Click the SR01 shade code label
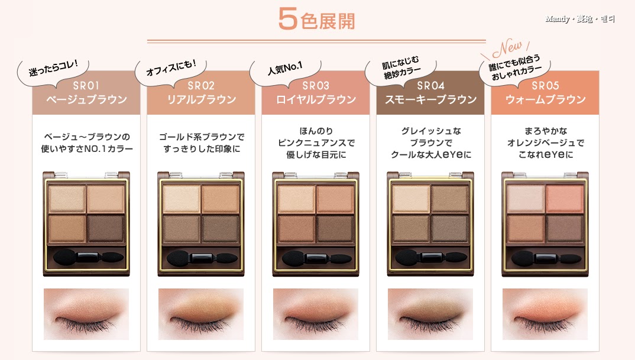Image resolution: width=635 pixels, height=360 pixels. [x=86, y=86]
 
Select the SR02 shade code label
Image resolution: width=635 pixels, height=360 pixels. [x=201, y=86]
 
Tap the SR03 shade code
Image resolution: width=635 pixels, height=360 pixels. [x=316, y=86]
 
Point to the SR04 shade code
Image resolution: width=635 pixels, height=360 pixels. [x=430, y=86]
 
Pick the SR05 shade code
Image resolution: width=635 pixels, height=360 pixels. [x=545, y=86]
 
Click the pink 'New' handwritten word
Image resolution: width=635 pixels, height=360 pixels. [x=507, y=48]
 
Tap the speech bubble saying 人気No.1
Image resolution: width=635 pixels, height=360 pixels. [x=285, y=70]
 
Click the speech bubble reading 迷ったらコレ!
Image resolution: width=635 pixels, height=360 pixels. [x=53, y=70]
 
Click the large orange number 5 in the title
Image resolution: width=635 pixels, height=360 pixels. [x=288, y=19]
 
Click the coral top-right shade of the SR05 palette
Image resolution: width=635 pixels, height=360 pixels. [x=564, y=199]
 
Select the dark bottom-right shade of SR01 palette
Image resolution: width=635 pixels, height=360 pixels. [x=106, y=228]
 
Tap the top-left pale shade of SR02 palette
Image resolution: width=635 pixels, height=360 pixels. [x=182, y=199]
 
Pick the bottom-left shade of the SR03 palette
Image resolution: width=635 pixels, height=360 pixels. [x=296, y=228]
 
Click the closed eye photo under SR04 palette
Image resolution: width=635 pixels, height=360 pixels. [x=430, y=314]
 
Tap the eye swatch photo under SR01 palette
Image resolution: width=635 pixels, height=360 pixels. [x=86, y=314]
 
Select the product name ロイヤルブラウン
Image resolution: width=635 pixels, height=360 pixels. [x=316, y=100]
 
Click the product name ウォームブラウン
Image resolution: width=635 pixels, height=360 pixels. [x=546, y=100]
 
